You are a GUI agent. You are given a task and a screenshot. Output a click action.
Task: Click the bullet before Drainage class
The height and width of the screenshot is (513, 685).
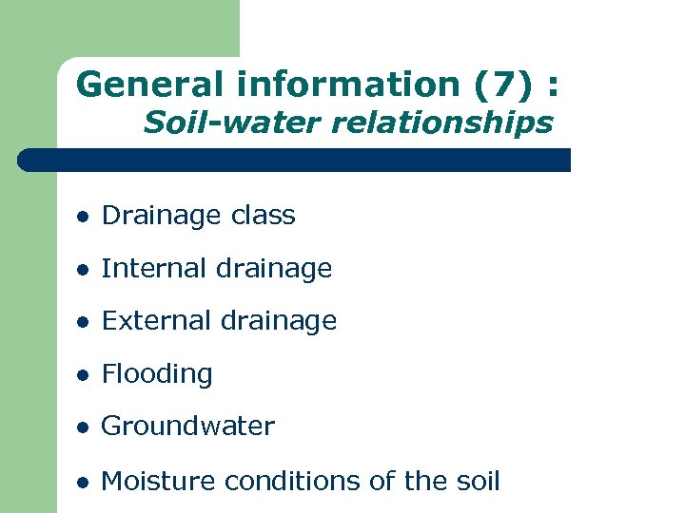[84, 218]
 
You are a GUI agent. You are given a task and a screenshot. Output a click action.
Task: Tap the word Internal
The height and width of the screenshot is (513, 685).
[153, 269]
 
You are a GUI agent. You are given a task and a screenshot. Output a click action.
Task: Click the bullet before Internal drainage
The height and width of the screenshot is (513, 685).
[84, 271]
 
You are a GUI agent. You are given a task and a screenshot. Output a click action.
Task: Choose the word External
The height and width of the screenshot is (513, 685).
[156, 321]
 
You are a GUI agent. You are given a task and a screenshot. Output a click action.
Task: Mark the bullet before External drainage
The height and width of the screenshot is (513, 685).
[84, 323]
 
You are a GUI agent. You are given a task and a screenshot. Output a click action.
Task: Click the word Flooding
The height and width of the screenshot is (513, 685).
[157, 374]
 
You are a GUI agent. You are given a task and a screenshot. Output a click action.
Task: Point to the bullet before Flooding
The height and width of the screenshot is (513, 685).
[84, 376]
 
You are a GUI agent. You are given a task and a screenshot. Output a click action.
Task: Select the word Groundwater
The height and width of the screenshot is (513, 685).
[187, 427]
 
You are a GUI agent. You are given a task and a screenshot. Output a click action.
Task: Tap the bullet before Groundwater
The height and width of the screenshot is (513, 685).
[84, 428]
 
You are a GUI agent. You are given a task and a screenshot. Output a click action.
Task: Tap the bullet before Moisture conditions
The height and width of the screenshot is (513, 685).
[84, 483]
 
